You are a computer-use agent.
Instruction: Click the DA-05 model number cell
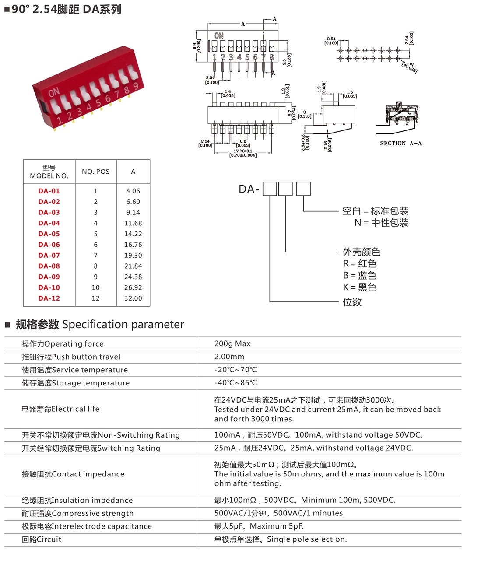(x=49, y=234)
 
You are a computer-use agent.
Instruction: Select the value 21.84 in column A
(x=133, y=266)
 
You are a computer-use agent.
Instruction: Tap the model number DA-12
(x=49, y=298)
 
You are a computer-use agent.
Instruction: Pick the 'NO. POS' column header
(x=95, y=172)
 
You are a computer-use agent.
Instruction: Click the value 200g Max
(x=232, y=344)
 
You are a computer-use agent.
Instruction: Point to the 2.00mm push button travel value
(x=229, y=357)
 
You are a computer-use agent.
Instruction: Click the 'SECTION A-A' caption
(x=401, y=144)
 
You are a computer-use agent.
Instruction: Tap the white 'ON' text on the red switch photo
(x=54, y=93)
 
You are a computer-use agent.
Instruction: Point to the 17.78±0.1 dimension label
(x=243, y=151)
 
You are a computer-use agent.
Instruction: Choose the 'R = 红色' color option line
(x=360, y=263)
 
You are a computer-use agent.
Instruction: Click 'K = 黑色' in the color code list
(x=360, y=287)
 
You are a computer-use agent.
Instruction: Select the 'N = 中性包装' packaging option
(x=381, y=223)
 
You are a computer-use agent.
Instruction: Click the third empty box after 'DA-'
(x=303, y=189)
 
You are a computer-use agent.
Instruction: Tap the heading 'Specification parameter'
(x=123, y=325)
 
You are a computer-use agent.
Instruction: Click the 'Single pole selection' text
(x=306, y=539)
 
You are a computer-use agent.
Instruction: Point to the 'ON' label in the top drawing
(x=219, y=35)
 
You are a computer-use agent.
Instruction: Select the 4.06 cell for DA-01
(x=133, y=191)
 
